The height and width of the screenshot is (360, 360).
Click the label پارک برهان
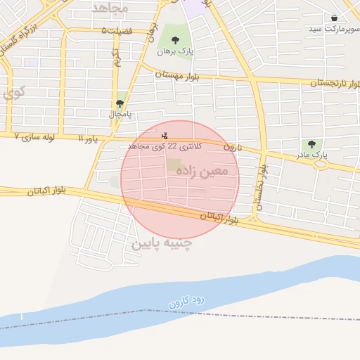[175, 51]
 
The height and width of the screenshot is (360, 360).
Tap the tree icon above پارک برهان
[175, 41]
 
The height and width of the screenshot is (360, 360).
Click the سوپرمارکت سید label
[332, 29]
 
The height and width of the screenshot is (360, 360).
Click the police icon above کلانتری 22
[165, 135]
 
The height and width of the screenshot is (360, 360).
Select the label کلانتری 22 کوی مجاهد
[165, 146]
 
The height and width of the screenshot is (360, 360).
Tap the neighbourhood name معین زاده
[205, 169]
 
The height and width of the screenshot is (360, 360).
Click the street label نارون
[232, 147]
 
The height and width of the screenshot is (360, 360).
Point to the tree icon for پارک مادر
[311, 143]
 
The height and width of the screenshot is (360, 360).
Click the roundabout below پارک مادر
[321, 165]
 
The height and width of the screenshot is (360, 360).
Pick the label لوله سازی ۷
[35, 136]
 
